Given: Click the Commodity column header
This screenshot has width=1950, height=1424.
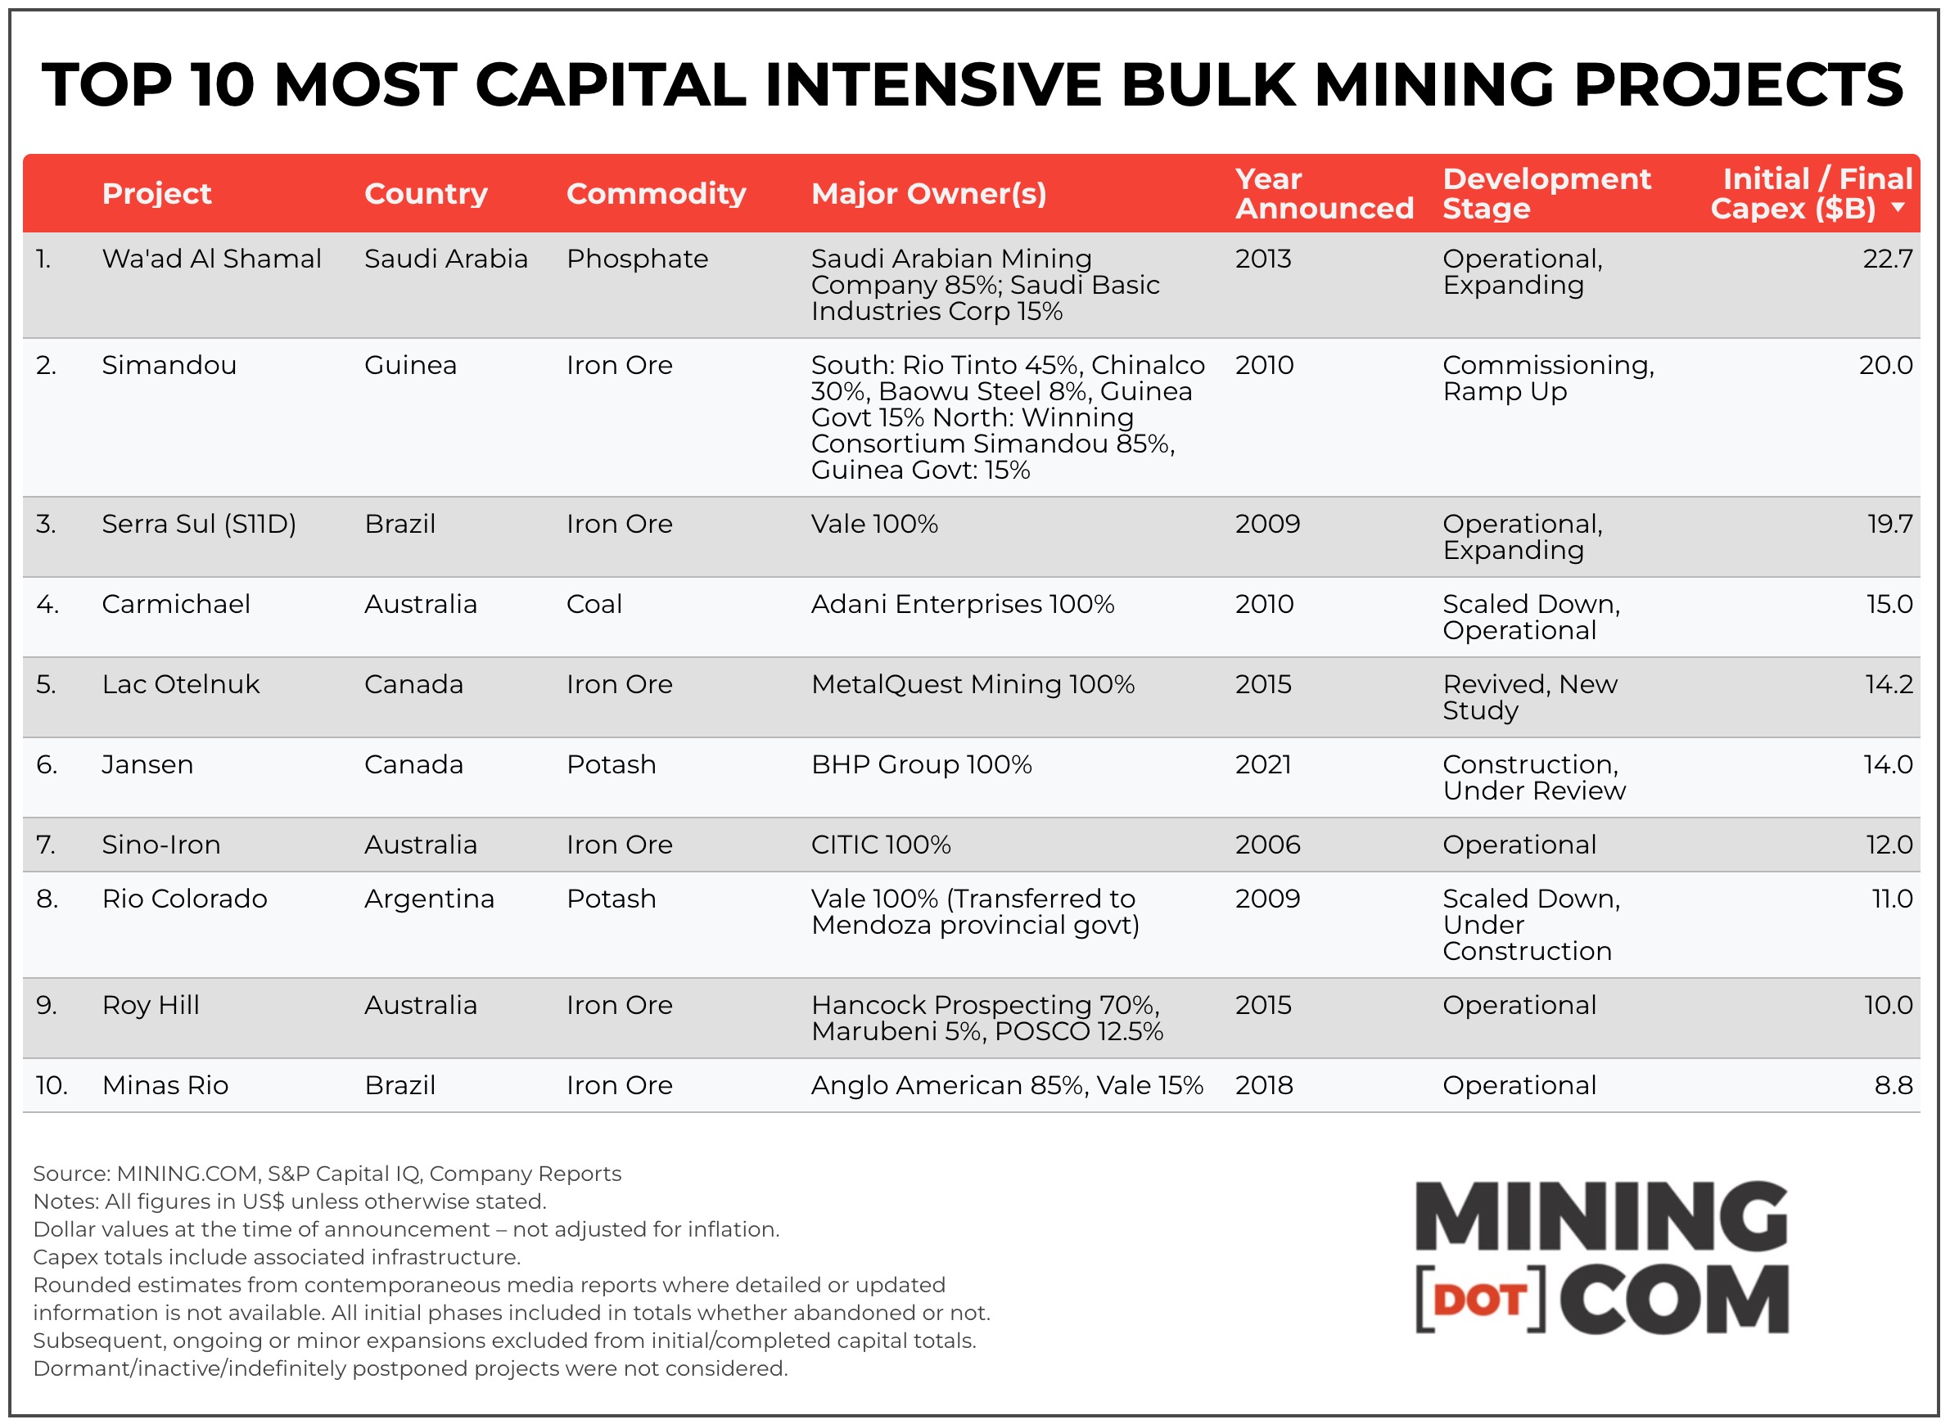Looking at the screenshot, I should click(656, 194).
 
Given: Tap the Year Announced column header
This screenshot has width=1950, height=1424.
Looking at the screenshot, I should click(1324, 194).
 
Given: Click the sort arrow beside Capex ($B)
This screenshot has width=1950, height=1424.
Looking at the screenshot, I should click(1898, 208).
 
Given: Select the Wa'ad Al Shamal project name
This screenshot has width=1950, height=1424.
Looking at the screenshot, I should click(211, 259).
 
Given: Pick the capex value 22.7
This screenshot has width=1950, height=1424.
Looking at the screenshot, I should click(1887, 259).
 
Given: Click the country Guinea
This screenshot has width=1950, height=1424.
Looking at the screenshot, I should click(410, 366).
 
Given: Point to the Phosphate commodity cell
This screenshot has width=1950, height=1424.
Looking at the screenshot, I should click(637, 259).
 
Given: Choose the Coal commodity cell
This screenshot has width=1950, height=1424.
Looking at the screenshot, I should click(594, 604).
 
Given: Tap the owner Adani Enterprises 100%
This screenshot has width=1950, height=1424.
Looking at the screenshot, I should click(962, 604).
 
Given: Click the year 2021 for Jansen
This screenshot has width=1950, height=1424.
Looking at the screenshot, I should click(1263, 764).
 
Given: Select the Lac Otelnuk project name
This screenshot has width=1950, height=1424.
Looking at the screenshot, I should click(180, 684).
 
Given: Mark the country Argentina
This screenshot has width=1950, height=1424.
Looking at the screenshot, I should click(429, 899).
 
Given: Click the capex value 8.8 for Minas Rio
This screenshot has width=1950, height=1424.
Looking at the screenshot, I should click(1893, 1085).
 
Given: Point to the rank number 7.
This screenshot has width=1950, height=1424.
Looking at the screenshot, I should click(47, 845).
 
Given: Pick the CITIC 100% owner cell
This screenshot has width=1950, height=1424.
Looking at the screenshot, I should click(880, 845).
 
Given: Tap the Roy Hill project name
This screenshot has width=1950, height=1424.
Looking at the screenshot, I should click(151, 1005).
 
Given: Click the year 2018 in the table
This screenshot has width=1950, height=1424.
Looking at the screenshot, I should click(1264, 1085).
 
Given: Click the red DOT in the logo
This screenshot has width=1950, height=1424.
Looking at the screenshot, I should click(1480, 1300).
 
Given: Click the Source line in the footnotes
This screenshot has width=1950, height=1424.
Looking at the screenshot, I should click(327, 1174).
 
